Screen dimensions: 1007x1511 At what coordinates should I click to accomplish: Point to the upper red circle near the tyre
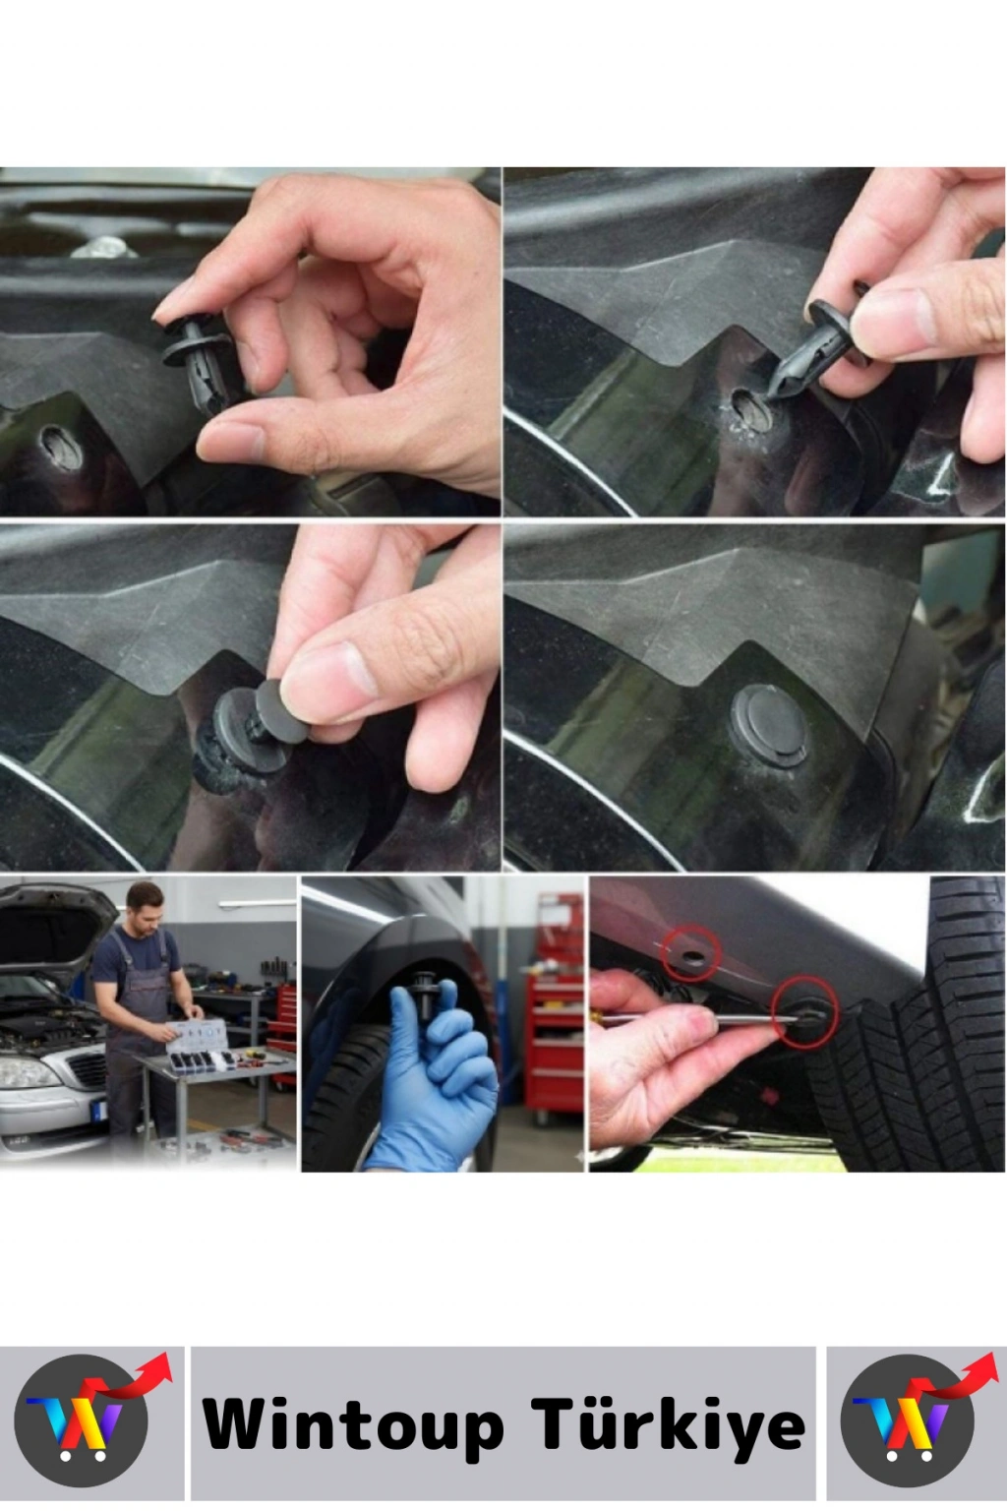point(692,954)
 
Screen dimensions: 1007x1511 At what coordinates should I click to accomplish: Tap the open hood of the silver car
point(50,924)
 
